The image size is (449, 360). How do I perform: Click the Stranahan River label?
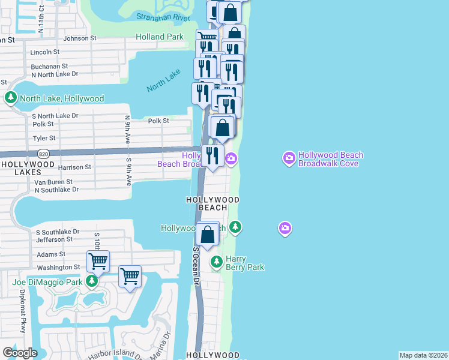(x=163, y=17)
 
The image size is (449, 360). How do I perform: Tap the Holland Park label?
(x=159, y=37)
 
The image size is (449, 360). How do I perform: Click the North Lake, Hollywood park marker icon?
(x=10, y=98)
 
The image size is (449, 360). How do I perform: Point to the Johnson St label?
(x=80, y=38)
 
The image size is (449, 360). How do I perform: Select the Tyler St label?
(x=44, y=138)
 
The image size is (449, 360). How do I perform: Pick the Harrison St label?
(x=74, y=167)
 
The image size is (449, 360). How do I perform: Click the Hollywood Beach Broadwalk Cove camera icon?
(x=289, y=158)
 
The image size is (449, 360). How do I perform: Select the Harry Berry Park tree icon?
(x=217, y=262)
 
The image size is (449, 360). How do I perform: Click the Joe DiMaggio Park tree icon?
(x=92, y=281)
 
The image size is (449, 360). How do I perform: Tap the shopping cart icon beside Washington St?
(x=98, y=261)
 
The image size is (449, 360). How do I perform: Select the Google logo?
(x=20, y=352)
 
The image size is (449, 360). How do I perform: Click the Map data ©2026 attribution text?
(x=423, y=355)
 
